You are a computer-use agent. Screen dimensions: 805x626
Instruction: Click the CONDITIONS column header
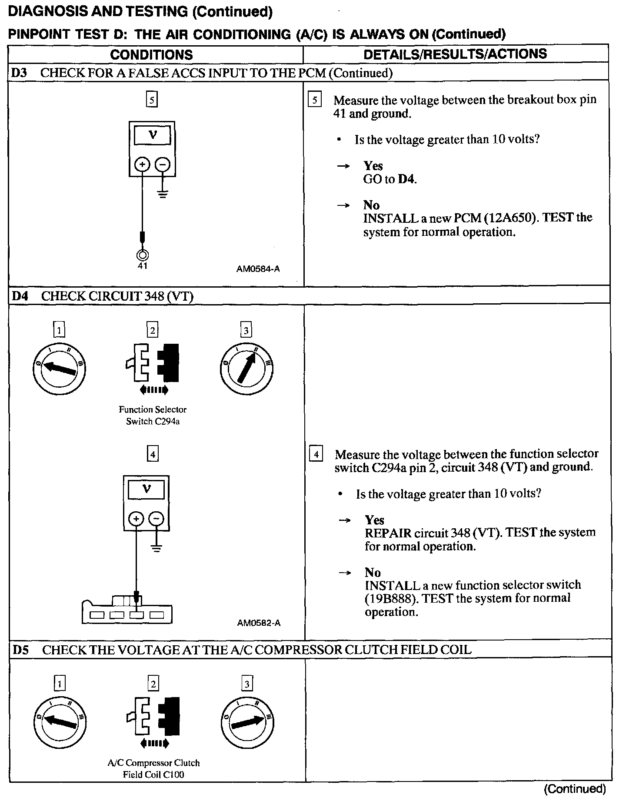click(151, 55)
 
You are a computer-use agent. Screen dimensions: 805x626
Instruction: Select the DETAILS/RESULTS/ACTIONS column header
click(455, 54)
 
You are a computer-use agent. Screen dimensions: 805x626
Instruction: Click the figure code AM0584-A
click(258, 269)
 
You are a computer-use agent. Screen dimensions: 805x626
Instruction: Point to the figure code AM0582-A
click(259, 623)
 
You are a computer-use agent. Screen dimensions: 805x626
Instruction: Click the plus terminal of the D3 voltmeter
click(142, 164)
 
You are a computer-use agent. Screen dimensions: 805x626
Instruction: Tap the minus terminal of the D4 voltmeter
click(156, 519)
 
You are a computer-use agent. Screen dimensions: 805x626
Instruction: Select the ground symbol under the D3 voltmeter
click(163, 193)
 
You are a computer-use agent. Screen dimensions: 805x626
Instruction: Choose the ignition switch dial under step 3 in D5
click(247, 723)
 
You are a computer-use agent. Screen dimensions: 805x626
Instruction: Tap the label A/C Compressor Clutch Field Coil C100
click(153, 768)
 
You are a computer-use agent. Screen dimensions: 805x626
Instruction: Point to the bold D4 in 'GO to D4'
click(406, 179)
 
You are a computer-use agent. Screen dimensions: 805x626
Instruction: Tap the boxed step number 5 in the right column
click(314, 100)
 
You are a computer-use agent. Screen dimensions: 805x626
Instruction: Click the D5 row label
click(20, 650)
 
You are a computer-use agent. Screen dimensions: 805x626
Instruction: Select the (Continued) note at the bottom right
click(575, 789)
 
